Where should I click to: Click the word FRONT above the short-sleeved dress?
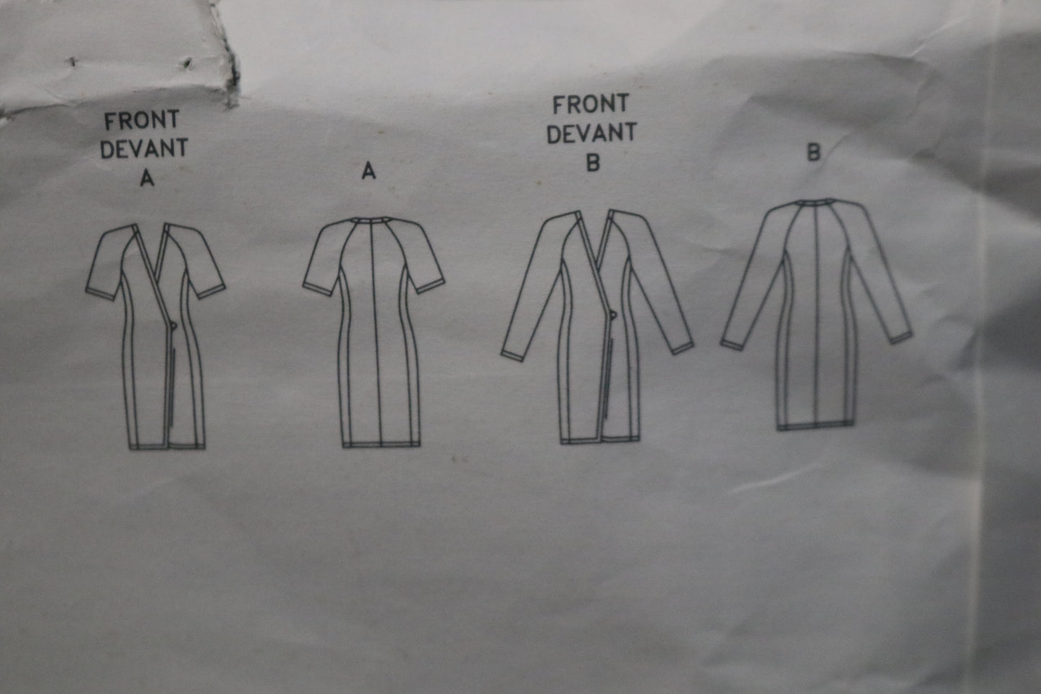click(142, 120)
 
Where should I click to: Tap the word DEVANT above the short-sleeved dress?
click(144, 148)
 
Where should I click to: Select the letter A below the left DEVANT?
click(147, 178)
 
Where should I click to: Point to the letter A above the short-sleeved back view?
click(369, 171)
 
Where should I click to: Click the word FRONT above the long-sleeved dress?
click(591, 104)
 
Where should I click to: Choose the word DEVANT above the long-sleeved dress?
click(591, 133)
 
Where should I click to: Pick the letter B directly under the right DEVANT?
click(593, 163)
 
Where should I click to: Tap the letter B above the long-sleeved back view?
click(813, 152)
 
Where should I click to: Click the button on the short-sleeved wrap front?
click(173, 326)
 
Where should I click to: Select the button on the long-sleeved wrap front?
click(613, 315)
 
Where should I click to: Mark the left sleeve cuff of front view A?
click(100, 294)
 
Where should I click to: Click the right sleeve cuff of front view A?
click(210, 291)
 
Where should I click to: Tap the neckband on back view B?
click(815, 203)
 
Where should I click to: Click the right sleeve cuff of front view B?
click(682, 349)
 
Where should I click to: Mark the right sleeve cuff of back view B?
click(901, 337)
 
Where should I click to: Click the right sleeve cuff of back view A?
click(430, 286)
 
